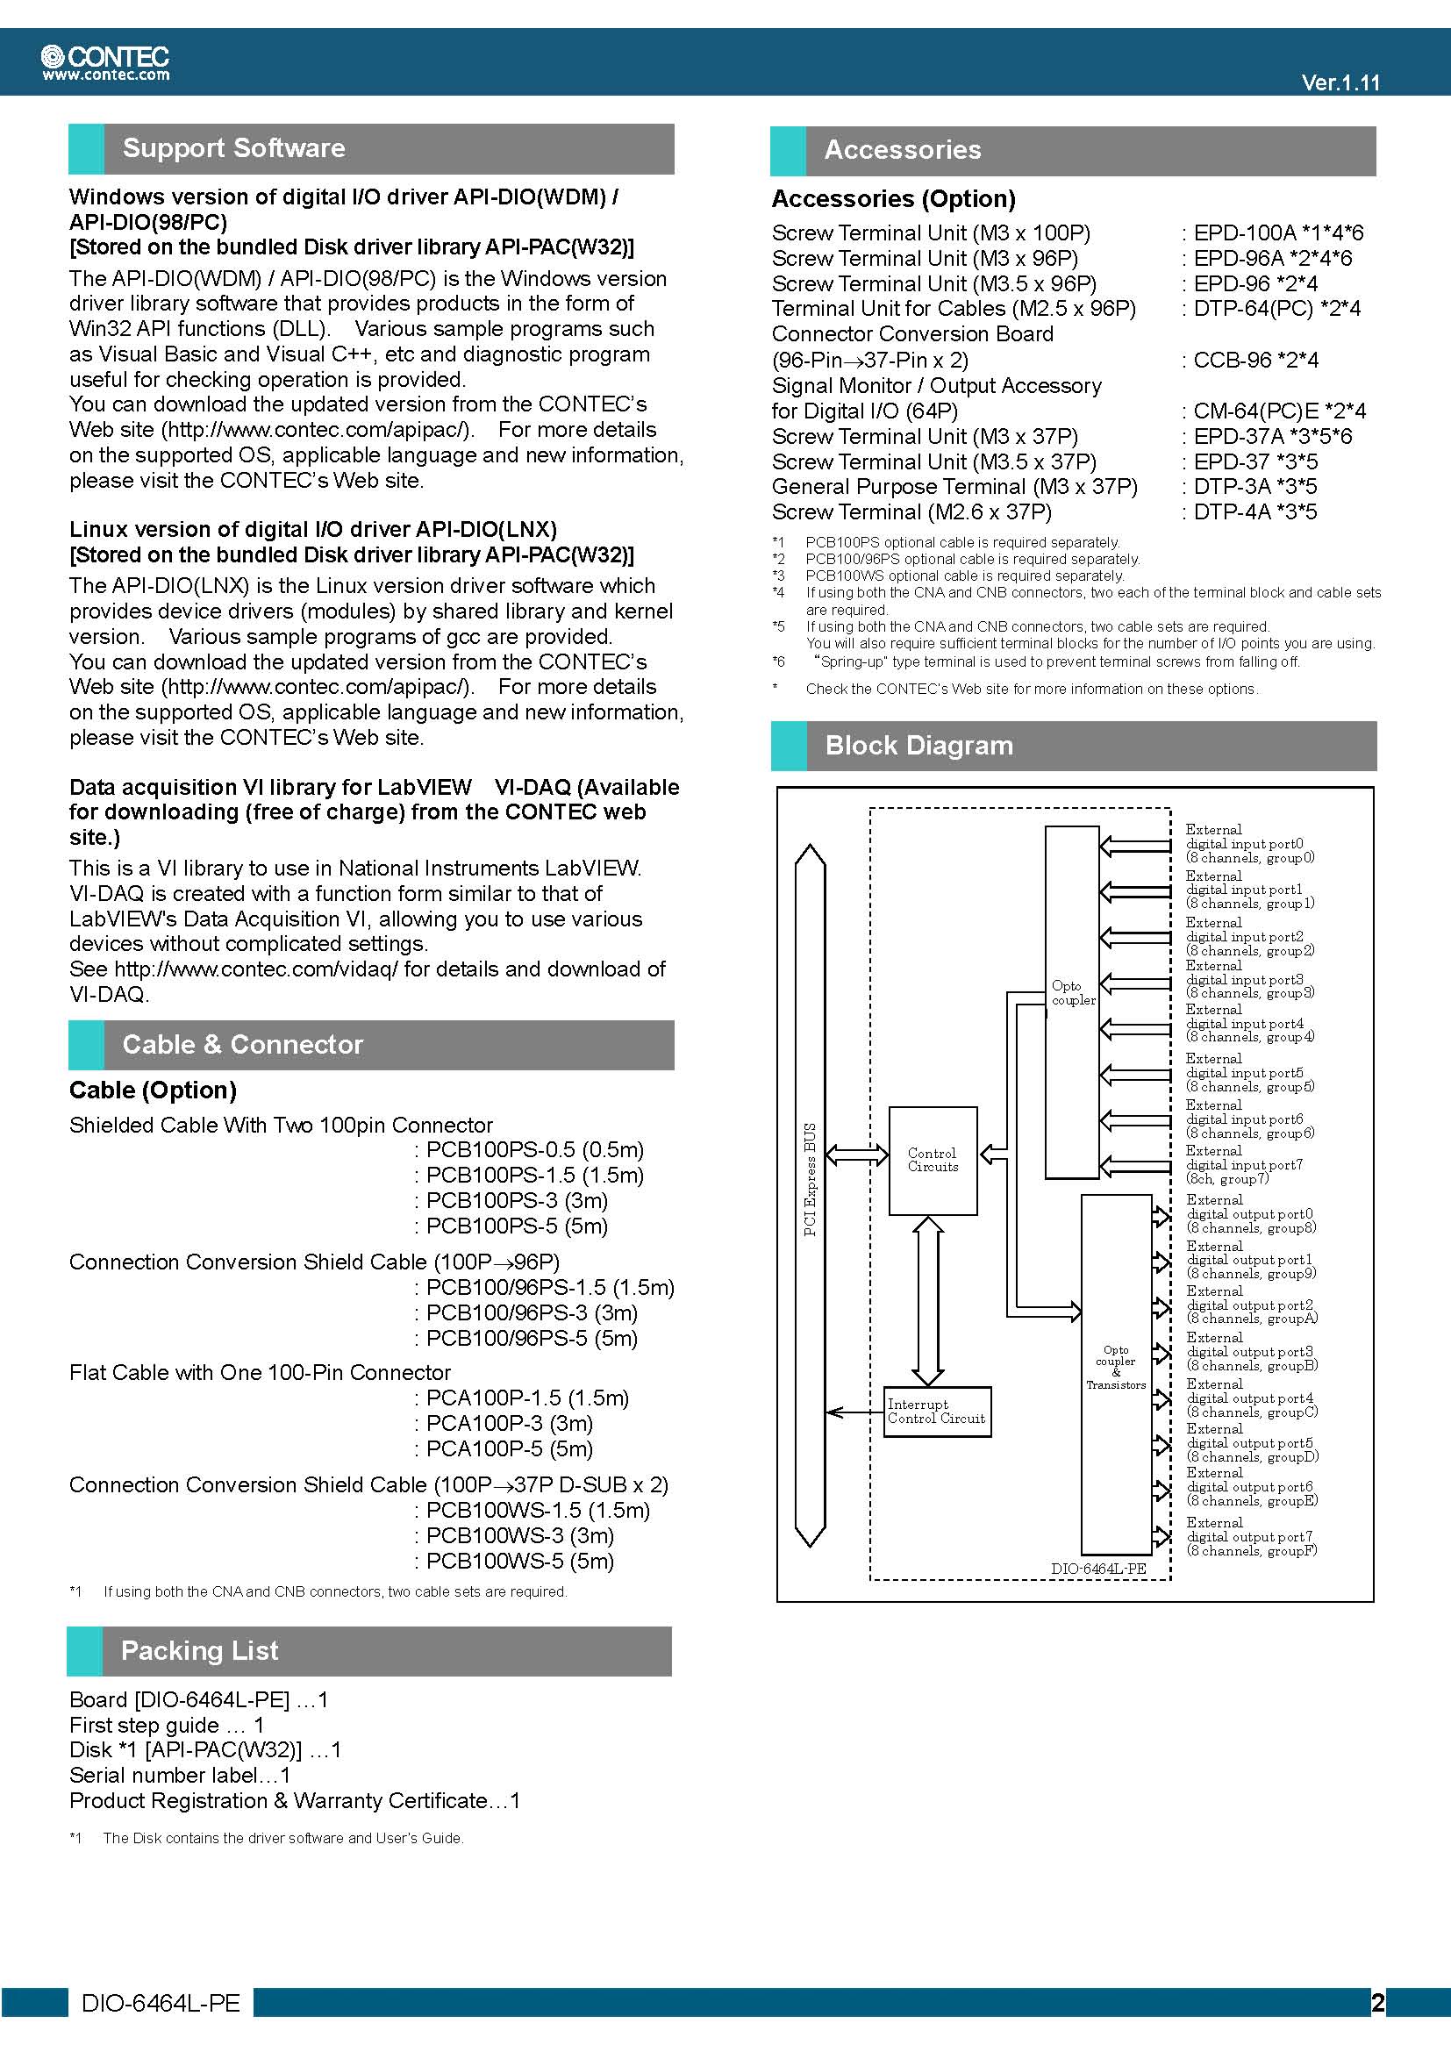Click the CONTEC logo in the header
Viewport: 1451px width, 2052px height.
point(105,61)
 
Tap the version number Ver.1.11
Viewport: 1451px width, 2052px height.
point(1340,83)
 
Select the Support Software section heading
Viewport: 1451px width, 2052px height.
point(233,148)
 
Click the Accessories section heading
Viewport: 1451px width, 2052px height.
point(903,150)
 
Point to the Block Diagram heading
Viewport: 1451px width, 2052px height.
point(918,746)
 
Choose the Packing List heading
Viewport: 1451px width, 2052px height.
point(199,1651)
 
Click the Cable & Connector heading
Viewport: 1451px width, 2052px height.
point(242,1045)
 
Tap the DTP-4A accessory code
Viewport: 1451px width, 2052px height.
point(1231,512)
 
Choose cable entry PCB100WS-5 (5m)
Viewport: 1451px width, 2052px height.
point(519,1562)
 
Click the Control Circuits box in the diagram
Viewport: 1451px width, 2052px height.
point(933,1160)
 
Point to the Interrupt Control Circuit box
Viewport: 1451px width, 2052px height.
point(937,1412)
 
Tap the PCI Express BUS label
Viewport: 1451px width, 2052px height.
point(811,1179)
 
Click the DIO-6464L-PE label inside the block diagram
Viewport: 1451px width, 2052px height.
point(1098,1569)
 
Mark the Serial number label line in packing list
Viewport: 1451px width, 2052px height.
point(180,1775)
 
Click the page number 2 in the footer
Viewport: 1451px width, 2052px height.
point(1376,2003)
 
